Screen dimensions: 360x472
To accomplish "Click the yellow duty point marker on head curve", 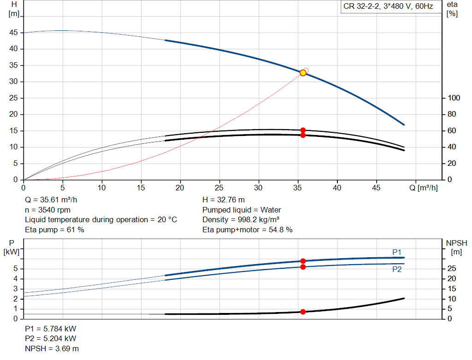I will (303, 73).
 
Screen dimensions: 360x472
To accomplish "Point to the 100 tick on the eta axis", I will (454, 98).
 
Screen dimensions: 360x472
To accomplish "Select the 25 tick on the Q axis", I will (219, 188).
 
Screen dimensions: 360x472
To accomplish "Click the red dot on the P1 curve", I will (303, 261).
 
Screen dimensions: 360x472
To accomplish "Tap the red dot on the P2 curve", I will (303, 267).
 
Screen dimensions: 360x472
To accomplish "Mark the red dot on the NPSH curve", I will (303, 312).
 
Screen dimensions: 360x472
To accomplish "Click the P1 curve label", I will (397, 252).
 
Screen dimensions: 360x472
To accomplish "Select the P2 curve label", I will (397, 270).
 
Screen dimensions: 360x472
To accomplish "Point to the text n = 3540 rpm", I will (46, 210).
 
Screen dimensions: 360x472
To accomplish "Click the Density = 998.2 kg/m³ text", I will (241, 219).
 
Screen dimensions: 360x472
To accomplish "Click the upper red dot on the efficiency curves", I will (303, 130).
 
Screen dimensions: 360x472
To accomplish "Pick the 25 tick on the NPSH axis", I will (452, 268).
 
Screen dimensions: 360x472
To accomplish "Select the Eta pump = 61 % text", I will (54, 229).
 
